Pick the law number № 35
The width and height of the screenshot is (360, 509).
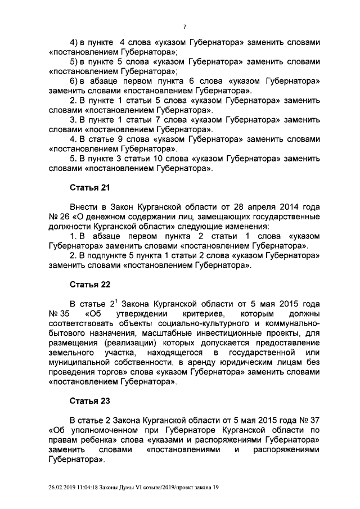[x=59, y=313]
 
